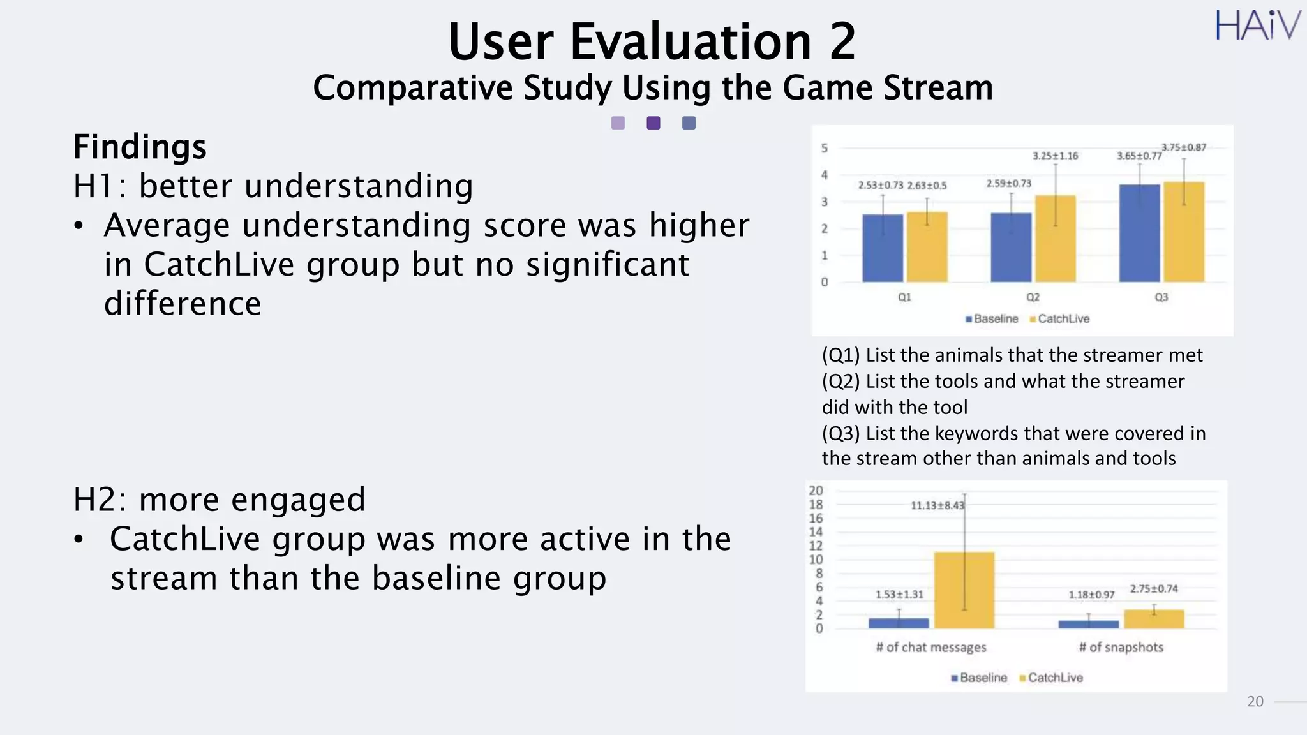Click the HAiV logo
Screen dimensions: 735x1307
[x=1257, y=26]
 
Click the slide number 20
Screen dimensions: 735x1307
[x=1255, y=702]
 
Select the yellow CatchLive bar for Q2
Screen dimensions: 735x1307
[x=1055, y=239]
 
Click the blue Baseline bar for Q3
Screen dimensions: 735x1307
[x=1139, y=234]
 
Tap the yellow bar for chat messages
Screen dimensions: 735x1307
[x=964, y=590]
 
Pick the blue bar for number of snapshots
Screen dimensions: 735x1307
[x=1088, y=624]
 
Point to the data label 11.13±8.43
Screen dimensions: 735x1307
[x=937, y=506]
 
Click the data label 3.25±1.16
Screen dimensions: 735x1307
[x=1055, y=156]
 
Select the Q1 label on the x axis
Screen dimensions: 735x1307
[x=904, y=297]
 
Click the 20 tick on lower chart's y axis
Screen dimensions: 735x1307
[x=816, y=491]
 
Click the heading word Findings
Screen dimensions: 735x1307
[x=140, y=147]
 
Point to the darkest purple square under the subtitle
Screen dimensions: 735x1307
[x=653, y=123]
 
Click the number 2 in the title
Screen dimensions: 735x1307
[x=842, y=42]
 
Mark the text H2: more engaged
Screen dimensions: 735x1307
[x=219, y=500]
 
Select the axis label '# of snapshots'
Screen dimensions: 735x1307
[x=1121, y=647]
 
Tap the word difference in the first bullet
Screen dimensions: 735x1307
[x=183, y=304]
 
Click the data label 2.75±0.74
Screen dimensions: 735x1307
[x=1154, y=589]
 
